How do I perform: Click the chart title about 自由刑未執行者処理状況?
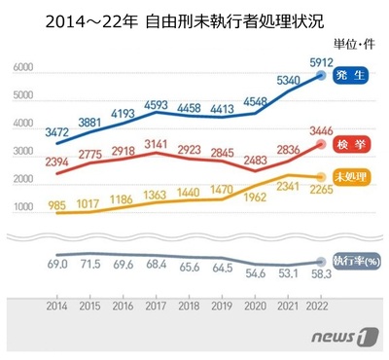pyautogui.click(x=194, y=20)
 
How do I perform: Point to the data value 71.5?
pyautogui.click(x=89, y=265)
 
